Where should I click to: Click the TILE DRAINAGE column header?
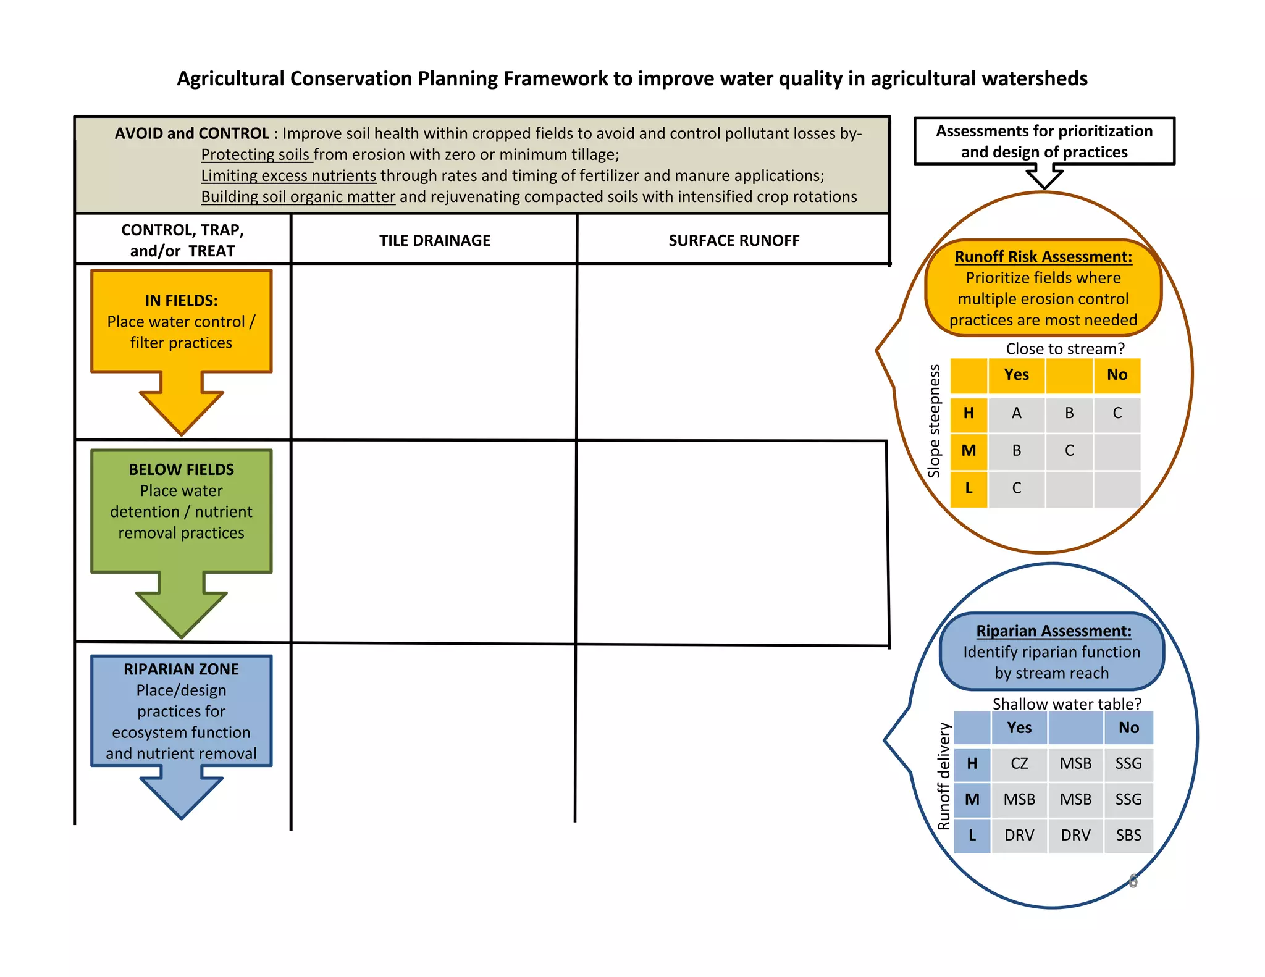point(435,240)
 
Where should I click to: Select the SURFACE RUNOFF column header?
point(734,240)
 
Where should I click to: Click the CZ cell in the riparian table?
point(1019,763)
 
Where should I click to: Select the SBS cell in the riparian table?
point(1128,835)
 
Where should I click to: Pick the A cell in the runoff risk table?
point(1017,413)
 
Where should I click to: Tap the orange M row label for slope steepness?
point(969,451)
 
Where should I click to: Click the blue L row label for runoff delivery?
point(972,836)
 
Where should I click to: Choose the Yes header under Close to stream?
point(1017,375)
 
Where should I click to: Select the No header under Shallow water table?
point(1128,728)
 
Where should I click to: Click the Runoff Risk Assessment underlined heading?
point(1043,256)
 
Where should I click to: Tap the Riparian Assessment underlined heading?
point(1054,631)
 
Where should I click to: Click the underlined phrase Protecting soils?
point(256,154)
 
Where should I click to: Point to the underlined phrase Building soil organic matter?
point(298,196)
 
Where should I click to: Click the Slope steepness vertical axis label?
point(934,421)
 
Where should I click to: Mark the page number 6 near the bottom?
point(1133,881)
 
